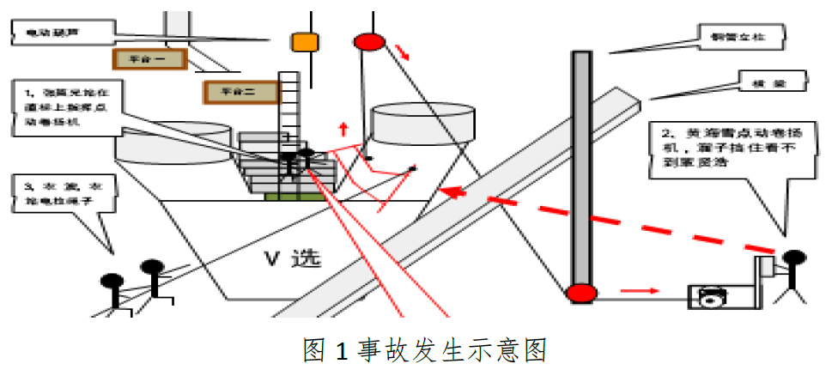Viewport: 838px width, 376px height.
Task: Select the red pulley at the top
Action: [x=370, y=40]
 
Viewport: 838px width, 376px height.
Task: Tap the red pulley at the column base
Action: [x=580, y=293]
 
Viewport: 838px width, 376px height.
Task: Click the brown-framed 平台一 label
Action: [x=150, y=58]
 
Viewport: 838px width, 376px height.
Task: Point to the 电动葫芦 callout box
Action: [x=62, y=33]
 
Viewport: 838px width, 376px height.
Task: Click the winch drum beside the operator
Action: [x=709, y=297]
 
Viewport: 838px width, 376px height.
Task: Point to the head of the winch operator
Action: [x=792, y=258]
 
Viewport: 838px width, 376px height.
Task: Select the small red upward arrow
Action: [x=343, y=130]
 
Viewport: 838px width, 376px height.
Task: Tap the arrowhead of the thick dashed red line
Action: [x=451, y=191]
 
